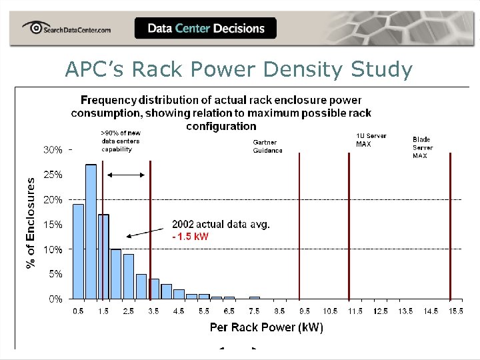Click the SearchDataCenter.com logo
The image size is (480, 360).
pyautogui.click(x=66, y=28)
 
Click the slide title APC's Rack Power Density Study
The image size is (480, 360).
pyautogui.click(x=239, y=69)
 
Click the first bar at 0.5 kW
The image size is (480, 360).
pyautogui.click(x=78, y=251)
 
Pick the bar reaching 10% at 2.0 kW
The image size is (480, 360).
pyautogui.click(x=116, y=273)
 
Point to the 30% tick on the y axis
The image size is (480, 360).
pyautogui.click(x=53, y=150)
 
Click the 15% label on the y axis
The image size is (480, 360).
pyautogui.click(x=53, y=225)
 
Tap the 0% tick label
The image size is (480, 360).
pyautogui.click(x=55, y=299)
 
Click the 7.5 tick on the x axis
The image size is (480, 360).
pyautogui.click(x=255, y=311)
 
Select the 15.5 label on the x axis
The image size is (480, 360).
pyautogui.click(x=456, y=311)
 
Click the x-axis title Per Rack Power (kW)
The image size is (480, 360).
pyautogui.click(x=266, y=328)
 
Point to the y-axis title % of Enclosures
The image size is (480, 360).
pyautogui.click(x=31, y=223)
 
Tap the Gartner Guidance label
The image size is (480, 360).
pyautogui.click(x=267, y=146)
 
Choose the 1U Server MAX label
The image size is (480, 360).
pyautogui.click(x=371, y=140)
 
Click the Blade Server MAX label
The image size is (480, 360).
pyautogui.click(x=422, y=147)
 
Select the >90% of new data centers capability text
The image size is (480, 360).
pyautogui.click(x=121, y=141)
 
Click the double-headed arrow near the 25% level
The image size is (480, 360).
pyautogui.click(x=127, y=174)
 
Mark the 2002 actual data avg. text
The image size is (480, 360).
pyautogui.click(x=221, y=225)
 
